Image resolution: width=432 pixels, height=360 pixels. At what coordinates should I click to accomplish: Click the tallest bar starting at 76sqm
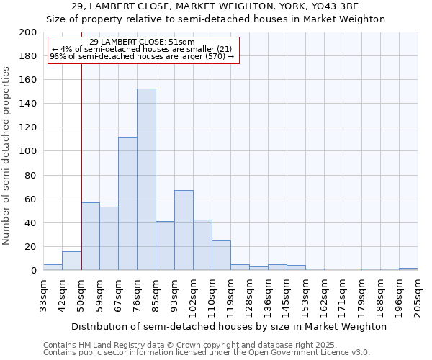tap(146, 180)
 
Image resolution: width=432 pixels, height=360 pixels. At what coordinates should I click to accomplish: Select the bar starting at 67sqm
tap(127, 204)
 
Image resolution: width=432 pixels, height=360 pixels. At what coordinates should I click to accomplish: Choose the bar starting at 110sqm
tap(221, 256)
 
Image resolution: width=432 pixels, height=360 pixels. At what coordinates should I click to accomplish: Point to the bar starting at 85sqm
tap(165, 246)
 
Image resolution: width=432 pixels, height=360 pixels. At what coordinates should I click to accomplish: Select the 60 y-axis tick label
tap(31, 199)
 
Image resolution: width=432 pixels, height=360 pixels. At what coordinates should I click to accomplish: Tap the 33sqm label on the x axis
tap(44, 292)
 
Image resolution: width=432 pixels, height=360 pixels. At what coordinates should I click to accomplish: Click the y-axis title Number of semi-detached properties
tap(6, 156)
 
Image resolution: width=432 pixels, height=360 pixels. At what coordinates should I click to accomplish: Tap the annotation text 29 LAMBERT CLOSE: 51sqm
tap(142, 42)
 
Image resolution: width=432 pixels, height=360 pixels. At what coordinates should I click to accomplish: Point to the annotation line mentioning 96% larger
tap(142, 56)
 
